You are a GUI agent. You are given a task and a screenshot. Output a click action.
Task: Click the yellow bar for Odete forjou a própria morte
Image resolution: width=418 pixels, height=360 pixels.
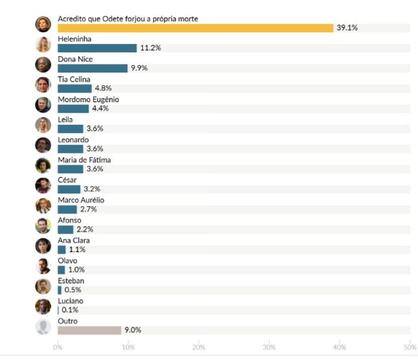[x=195, y=28]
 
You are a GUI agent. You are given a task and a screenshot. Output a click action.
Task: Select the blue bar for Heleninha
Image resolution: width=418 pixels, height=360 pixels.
[x=97, y=48]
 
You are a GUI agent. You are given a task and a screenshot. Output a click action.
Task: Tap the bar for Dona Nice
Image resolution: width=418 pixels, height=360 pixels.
[x=92, y=68]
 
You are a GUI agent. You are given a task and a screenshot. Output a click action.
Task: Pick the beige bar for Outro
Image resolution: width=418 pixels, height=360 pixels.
[x=89, y=330]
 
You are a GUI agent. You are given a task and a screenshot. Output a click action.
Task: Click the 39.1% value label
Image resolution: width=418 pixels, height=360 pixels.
[x=347, y=28]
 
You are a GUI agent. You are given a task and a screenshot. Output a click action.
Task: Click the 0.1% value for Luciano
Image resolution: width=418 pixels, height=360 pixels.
[x=70, y=310]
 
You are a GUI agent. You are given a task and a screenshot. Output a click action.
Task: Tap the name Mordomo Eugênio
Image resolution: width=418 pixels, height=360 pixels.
[x=88, y=100]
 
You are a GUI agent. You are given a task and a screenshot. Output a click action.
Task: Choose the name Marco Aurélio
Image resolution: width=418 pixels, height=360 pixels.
[x=81, y=200]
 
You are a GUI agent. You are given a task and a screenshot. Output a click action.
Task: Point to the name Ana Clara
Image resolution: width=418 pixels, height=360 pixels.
[x=74, y=240]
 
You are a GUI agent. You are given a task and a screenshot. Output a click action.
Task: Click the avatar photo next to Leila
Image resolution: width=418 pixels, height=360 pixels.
[x=43, y=125]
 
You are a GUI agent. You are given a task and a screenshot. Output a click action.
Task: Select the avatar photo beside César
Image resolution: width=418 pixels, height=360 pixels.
[x=43, y=185]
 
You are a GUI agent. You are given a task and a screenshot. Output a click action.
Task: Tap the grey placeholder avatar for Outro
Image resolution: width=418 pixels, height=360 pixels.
[x=43, y=326]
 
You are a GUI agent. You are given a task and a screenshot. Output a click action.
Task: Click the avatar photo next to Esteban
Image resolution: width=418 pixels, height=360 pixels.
[x=43, y=286]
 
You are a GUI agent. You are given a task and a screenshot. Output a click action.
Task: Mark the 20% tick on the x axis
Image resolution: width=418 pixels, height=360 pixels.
[x=198, y=348]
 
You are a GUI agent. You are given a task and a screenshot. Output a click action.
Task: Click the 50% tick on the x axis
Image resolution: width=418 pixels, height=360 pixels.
[x=410, y=348]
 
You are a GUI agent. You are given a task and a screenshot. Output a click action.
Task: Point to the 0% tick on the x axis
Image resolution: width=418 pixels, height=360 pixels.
[x=57, y=348]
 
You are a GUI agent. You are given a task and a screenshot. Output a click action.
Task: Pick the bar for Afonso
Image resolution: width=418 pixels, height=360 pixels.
[x=65, y=229]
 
